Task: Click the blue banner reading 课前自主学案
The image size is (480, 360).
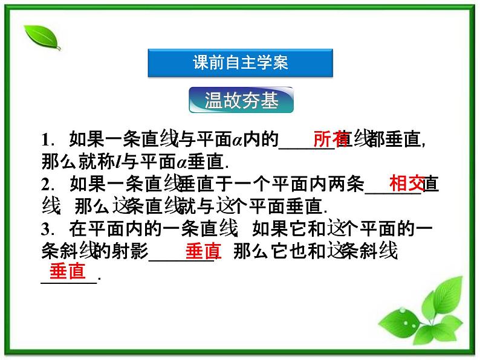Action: click(x=240, y=63)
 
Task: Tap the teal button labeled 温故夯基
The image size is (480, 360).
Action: click(x=241, y=101)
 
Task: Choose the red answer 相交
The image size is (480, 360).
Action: click(x=406, y=182)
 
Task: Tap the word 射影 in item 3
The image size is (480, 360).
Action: click(x=131, y=251)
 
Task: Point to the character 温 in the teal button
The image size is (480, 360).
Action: click(x=214, y=101)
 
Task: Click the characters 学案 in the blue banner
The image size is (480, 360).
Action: click(x=273, y=63)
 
